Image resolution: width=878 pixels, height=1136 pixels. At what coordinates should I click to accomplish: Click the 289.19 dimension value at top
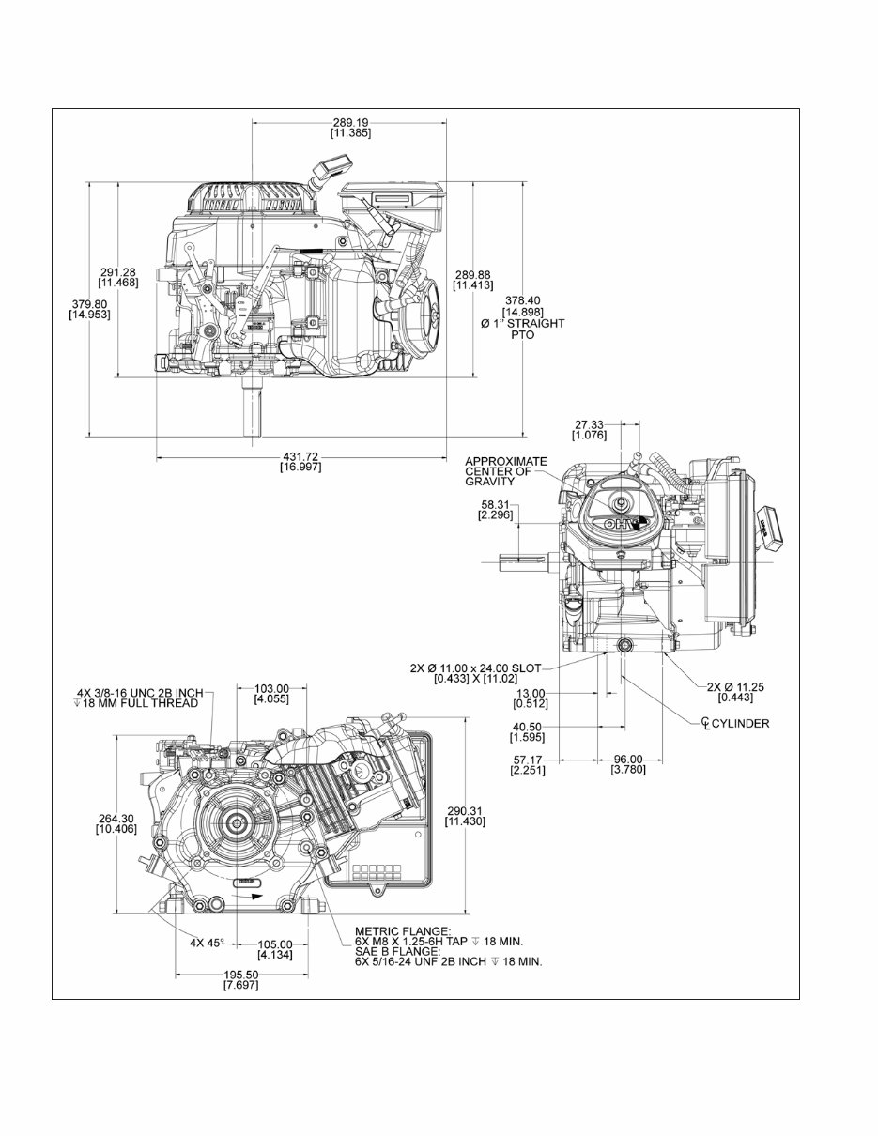(x=350, y=122)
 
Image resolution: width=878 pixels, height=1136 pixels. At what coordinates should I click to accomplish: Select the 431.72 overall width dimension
(x=300, y=456)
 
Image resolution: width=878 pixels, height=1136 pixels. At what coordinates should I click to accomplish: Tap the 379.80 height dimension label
(x=89, y=303)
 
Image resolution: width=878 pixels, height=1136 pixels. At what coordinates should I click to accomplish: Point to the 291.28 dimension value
(x=117, y=272)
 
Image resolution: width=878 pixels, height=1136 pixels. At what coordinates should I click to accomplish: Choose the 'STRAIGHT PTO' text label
(x=528, y=329)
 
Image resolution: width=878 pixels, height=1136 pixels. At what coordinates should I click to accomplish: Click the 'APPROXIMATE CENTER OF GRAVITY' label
(x=505, y=471)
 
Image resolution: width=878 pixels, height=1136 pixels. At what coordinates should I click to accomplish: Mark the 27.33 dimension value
(x=590, y=424)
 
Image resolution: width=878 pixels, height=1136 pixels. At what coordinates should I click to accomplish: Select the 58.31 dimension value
(x=494, y=504)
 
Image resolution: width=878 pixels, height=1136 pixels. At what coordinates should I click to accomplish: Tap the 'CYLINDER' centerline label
(x=739, y=723)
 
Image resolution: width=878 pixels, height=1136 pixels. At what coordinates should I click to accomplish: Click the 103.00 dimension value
(x=271, y=688)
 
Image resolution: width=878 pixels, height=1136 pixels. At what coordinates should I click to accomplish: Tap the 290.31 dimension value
(x=465, y=810)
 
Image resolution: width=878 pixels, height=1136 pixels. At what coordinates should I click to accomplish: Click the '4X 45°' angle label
(x=208, y=942)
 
